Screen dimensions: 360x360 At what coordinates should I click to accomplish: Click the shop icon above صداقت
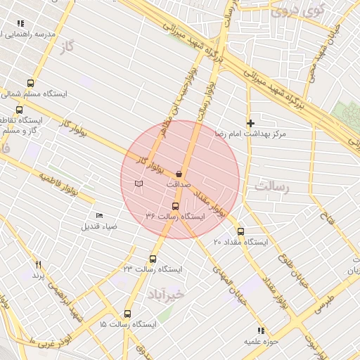(179, 173)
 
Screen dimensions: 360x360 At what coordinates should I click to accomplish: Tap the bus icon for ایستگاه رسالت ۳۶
(175, 206)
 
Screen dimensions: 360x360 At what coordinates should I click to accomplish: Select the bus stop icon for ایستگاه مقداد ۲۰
(240, 231)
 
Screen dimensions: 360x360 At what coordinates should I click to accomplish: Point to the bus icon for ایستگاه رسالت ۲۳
(153, 259)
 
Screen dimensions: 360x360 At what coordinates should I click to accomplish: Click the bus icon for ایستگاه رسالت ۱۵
(127, 314)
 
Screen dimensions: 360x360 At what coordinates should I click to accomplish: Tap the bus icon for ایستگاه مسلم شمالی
(30, 83)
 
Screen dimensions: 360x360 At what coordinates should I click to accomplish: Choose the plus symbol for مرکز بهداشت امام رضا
(250, 123)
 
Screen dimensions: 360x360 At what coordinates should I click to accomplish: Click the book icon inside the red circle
(139, 184)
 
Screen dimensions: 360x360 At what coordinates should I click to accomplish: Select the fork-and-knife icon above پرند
(39, 265)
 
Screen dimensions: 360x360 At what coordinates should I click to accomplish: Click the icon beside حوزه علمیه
(261, 330)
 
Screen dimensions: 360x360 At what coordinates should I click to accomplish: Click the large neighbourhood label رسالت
(272, 187)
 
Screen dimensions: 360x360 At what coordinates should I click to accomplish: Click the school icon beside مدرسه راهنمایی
(20, 23)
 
